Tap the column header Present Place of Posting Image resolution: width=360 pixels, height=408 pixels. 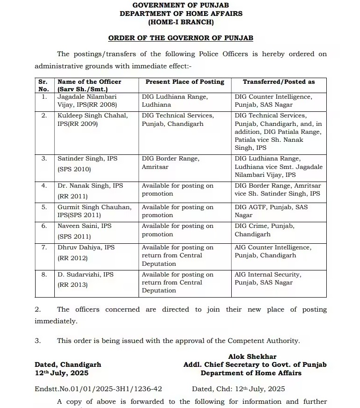(x=185, y=82)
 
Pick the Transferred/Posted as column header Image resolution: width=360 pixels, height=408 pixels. (x=279, y=82)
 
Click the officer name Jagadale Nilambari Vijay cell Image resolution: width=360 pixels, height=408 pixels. (x=87, y=101)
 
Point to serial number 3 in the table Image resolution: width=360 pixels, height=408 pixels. (x=44, y=159)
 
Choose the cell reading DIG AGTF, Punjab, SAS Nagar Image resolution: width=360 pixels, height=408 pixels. (x=271, y=211)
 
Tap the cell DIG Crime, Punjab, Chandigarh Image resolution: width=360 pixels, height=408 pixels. (x=264, y=230)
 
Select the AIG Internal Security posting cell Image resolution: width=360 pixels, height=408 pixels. (x=268, y=278)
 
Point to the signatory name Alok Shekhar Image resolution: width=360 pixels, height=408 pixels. (x=259, y=357)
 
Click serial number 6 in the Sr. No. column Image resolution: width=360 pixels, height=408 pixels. (x=44, y=226)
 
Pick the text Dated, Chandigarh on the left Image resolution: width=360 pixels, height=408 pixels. (x=68, y=364)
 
